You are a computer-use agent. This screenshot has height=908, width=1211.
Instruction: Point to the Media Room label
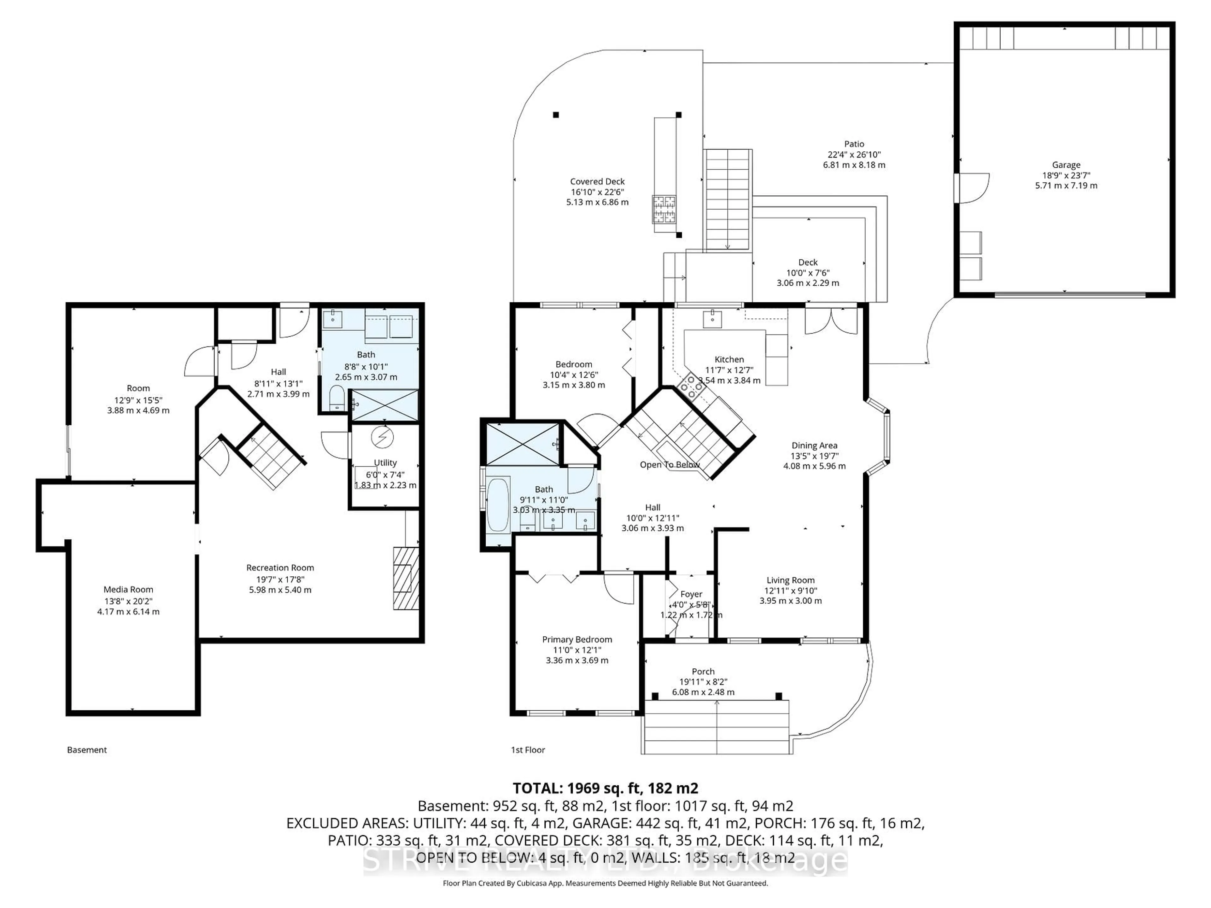click(x=128, y=590)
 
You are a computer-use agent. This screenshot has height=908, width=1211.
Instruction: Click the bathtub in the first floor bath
click(x=498, y=505)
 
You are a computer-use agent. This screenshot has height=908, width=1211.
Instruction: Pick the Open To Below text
click(x=670, y=465)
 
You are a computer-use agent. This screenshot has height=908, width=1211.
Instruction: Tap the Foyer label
click(x=691, y=594)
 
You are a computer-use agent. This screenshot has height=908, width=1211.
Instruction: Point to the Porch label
click(x=703, y=672)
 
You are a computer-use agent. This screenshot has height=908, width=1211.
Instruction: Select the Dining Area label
click(x=814, y=445)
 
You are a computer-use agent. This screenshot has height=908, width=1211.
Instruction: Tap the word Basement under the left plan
click(x=86, y=750)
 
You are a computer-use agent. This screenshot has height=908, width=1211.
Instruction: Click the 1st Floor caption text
click(x=528, y=750)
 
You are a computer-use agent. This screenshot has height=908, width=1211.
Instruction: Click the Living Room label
click(x=790, y=580)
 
